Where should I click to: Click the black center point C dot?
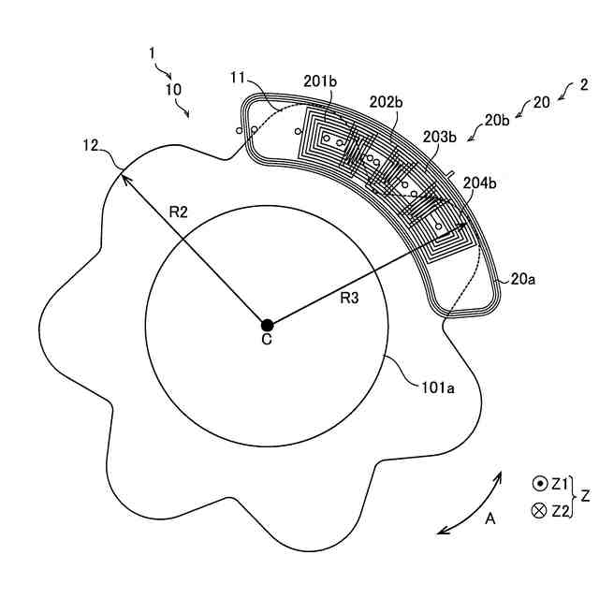267,323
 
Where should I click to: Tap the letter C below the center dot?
267,341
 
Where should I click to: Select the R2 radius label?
179,212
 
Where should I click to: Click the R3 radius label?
349,299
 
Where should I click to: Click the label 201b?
320,81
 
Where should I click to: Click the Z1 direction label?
561,484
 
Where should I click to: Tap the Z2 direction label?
561,510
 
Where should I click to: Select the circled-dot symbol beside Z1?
539,484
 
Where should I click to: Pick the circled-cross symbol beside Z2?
539,510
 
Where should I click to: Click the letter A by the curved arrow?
489,518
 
